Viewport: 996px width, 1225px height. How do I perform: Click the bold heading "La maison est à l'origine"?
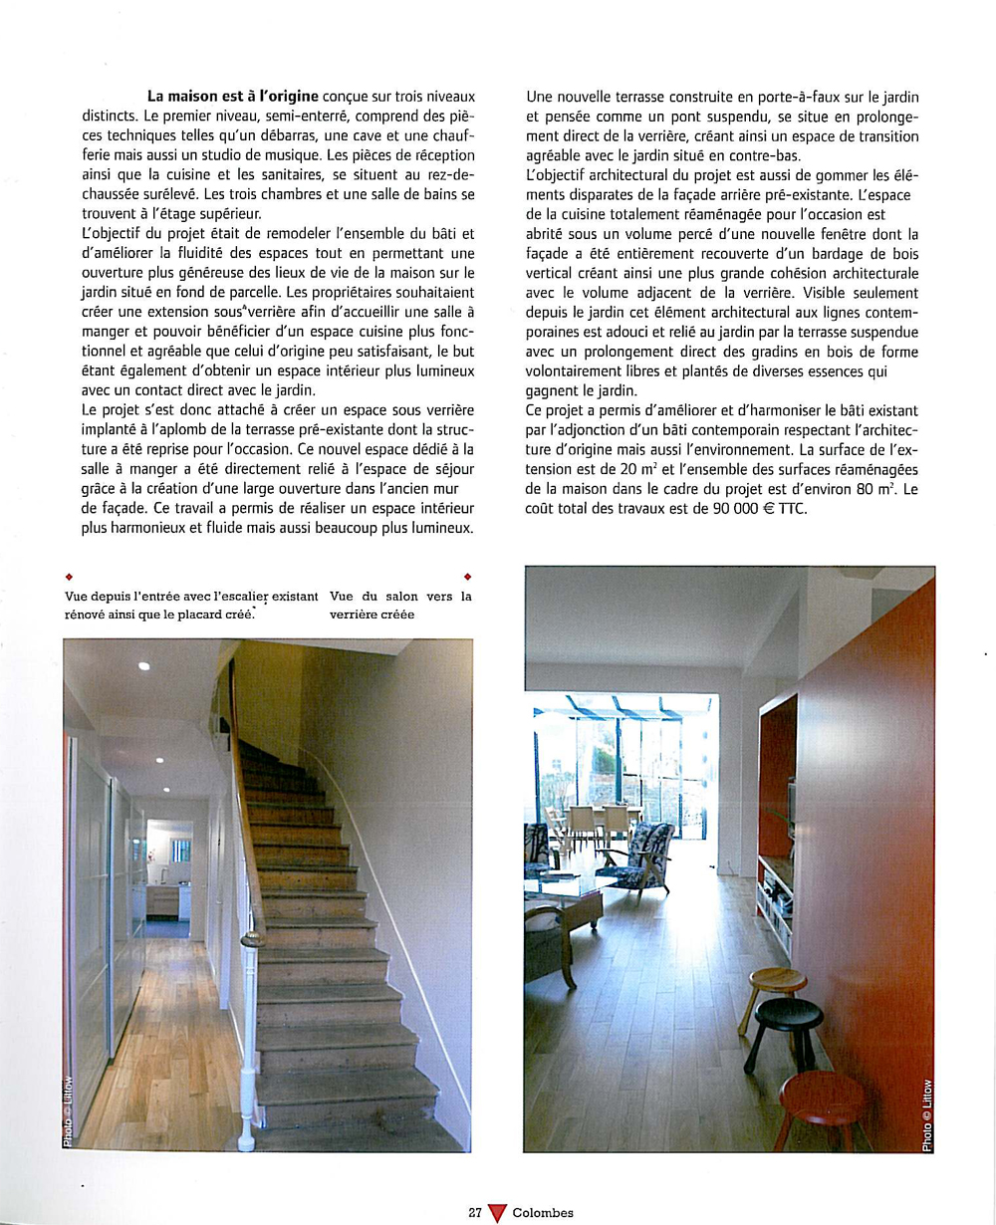point(232,97)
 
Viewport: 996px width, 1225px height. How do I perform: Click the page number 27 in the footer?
point(475,1213)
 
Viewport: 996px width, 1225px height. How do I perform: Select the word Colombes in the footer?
point(543,1213)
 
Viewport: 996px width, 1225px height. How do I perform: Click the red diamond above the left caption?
point(68,577)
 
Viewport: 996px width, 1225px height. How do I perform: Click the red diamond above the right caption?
point(467,577)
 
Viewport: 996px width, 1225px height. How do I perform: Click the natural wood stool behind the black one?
point(773,984)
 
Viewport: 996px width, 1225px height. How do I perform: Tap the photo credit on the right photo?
point(926,1115)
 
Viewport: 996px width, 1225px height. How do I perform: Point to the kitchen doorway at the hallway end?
point(168,876)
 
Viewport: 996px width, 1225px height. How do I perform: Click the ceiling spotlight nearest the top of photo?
point(144,665)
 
